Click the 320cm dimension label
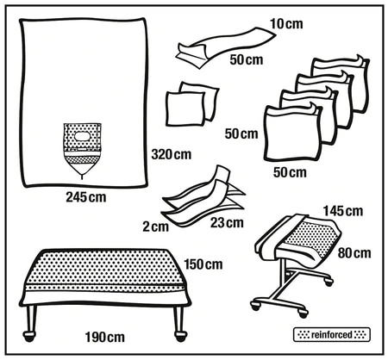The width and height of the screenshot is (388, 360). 170,155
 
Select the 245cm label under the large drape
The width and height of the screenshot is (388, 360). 86,196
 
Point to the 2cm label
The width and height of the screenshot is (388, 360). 156,227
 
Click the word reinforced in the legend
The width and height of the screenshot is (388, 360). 332,332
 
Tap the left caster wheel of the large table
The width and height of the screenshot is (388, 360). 31,331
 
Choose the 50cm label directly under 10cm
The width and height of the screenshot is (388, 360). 246,59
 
